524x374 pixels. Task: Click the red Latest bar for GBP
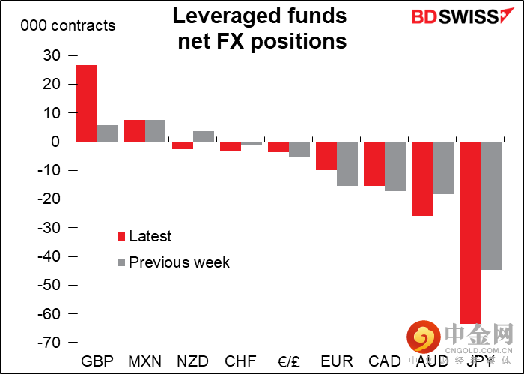click(x=87, y=103)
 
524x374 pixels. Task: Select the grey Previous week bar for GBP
click(x=107, y=133)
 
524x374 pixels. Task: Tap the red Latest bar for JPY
click(x=470, y=232)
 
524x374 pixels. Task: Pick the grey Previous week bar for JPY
click(x=490, y=205)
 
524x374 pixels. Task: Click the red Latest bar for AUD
click(x=422, y=178)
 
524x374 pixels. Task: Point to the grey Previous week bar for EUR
click(x=347, y=163)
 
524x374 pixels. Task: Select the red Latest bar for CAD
click(x=374, y=163)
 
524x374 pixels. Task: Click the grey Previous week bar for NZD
click(x=203, y=136)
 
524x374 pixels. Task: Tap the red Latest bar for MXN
click(x=135, y=131)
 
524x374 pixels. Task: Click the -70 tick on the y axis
click(x=49, y=343)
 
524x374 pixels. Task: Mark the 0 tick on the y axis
click(x=55, y=142)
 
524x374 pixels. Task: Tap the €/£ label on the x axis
click(x=288, y=361)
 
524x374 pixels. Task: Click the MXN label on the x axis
click(x=144, y=361)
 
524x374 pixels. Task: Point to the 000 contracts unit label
click(x=68, y=25)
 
